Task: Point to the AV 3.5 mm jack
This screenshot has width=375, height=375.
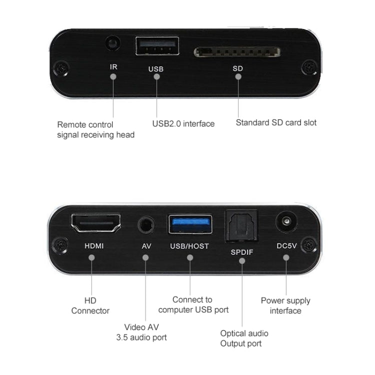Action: [x=145, y=224]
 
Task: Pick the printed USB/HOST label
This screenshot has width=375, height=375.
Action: [x=189, y=246]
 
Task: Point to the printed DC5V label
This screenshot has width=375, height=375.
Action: [x=286, y=246]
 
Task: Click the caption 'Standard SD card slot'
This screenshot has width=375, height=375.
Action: [x=276, y=122]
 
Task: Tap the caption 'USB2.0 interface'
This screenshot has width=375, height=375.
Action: [x=183, y=123]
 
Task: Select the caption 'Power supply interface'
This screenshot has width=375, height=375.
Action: [x=285, y=305]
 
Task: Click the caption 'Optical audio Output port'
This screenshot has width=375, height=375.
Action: [x=244, y=338]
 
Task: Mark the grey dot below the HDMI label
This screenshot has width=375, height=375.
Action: [x=91, y=257]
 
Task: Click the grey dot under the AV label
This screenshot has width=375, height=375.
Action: [x=145, y=257]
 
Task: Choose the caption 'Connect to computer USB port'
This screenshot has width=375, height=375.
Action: [x=192, y=304]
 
